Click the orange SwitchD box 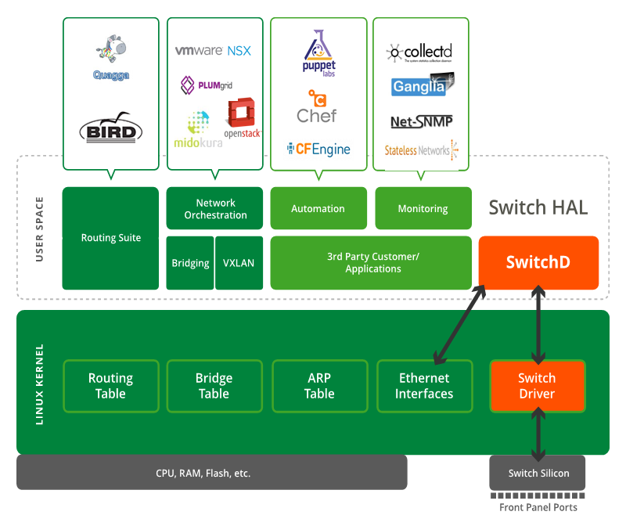click(x=538, y=262)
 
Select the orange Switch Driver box click(x=537, y=386)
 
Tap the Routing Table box click(x=110, y=386)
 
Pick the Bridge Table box click(x=214, y=386)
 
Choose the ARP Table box click(x=319, y=386)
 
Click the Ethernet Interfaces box click(x=424, y=386)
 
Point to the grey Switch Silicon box click(x=538, y=473)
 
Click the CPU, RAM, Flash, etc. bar click(x=211, y=473)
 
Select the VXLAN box click(x=239, y=263)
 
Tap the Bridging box click(x=190, y=263)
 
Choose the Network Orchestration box click(x=215, y=208)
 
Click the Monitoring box click(x=423, y=208)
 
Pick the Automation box click(x=318, y=208)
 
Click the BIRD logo click(x=111, y=129)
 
